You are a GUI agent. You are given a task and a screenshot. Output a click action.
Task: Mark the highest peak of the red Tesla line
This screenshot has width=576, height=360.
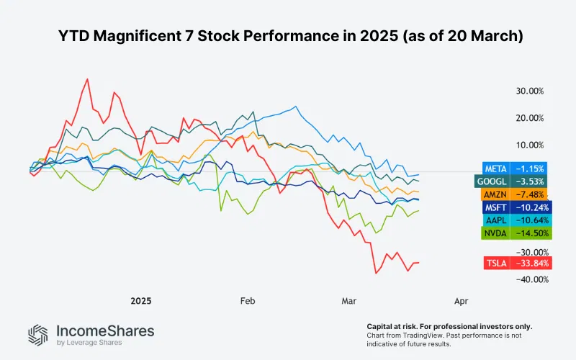[x=87, y=79]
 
